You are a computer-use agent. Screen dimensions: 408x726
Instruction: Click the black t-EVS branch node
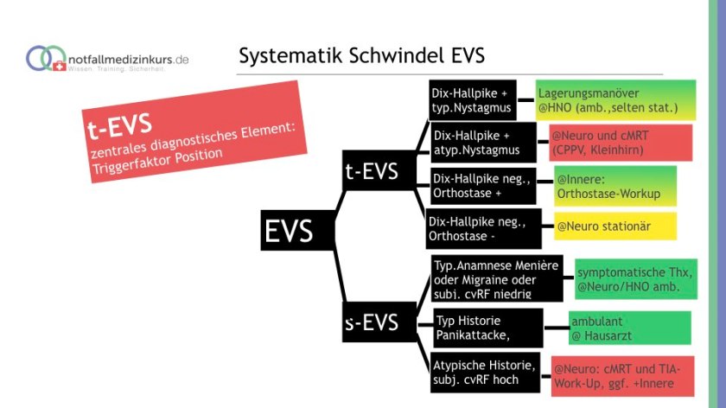click(x=372, y=171)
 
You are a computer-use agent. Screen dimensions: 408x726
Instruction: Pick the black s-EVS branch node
click(x=372, y=322)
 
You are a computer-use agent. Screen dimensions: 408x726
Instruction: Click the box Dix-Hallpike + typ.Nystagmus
click(x=473, y=101)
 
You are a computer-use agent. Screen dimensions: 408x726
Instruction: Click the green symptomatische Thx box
click(x=635, y=278)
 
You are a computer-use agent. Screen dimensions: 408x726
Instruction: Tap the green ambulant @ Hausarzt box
click(x=630, y=327)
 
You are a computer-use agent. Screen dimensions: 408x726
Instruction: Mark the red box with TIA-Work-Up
click(x=622, y=376)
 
